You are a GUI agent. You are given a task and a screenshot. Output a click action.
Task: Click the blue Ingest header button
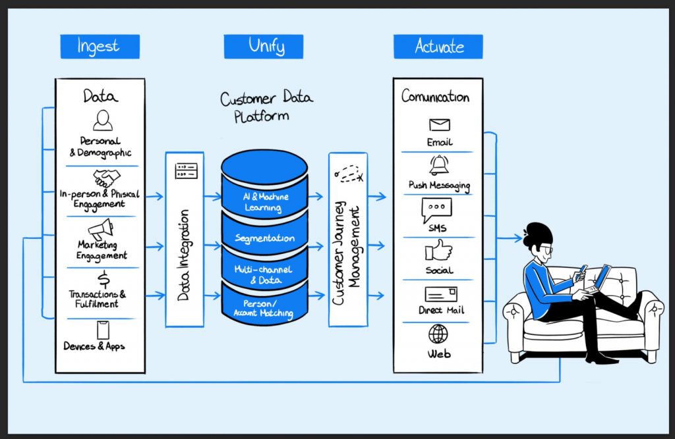(x=100, y=46)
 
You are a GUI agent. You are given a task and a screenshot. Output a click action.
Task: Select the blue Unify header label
(x=263, y=46)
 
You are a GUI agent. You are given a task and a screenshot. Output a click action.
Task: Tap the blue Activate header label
(x=438, y=46)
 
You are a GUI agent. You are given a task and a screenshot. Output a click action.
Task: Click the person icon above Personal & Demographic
(x=102, y=120)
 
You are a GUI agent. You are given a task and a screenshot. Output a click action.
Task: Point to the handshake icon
(x=105, y=178)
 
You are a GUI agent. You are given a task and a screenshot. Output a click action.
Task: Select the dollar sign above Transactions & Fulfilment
(x=102, y=279)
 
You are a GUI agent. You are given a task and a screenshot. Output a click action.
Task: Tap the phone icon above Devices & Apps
(x=102, y=330)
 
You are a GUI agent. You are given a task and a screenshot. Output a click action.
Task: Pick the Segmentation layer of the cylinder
(x=264, y=238)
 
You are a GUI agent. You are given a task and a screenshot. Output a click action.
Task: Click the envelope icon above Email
(x=439, y=125)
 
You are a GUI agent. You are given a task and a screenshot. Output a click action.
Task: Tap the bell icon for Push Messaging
(x=439, y=165)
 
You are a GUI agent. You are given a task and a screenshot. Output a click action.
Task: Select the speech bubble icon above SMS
(x=436, y=210)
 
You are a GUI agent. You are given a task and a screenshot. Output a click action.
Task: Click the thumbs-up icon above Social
(x=438, y=251)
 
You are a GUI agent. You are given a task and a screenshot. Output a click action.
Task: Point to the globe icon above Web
(x=438, y=334)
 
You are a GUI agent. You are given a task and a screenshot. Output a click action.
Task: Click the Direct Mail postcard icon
(x=440, y=294)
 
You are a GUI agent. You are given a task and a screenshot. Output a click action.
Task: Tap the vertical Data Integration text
(x=184, y=255)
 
